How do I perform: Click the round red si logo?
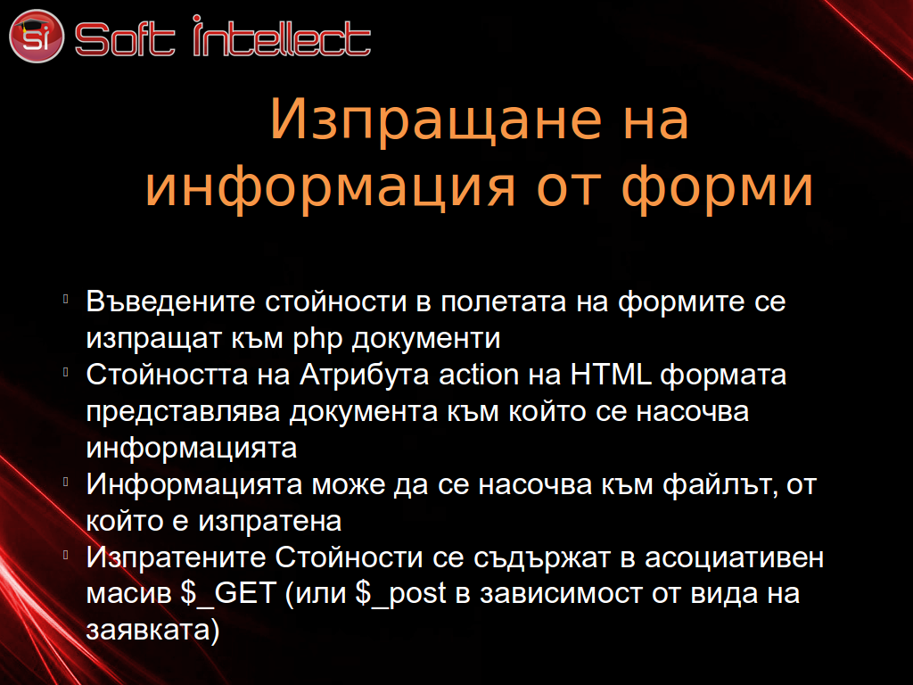[36, 36]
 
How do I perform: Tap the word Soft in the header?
[125, 38]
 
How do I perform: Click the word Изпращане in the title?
[435, 120]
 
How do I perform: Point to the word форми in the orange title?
[718, 186]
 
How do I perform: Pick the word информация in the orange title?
[330, 186]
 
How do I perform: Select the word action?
[478, 375]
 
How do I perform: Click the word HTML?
[610, 374]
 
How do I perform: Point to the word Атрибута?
[365, 376]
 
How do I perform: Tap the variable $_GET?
[227, 594]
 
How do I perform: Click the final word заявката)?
[152, 631]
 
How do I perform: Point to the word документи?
[425, 339]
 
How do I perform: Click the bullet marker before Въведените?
[66, 299]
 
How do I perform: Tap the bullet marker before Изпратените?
[66, 555]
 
